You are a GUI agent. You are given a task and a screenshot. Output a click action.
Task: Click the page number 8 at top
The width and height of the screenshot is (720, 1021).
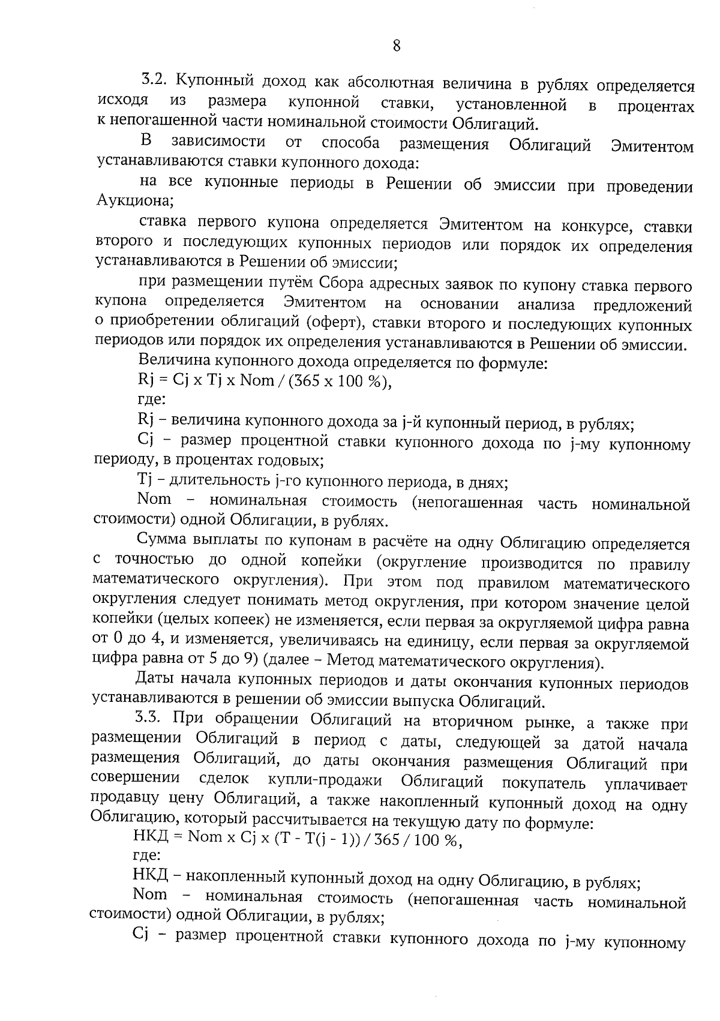click(x=396, y=46)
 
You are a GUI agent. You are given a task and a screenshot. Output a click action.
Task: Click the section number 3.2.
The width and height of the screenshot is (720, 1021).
click(x=157, y=79)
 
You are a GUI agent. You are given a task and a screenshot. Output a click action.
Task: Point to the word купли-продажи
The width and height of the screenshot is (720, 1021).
click(x=325, y=779)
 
